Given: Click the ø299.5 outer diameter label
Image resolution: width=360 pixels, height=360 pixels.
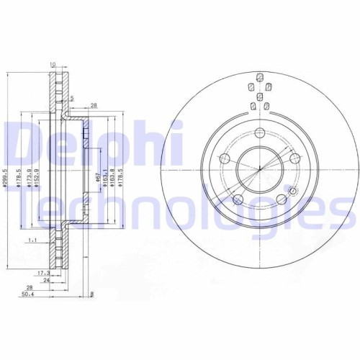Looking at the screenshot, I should click(x=5, y=176).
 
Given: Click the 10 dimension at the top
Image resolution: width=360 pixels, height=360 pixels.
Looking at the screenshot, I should click(x=53, y=64).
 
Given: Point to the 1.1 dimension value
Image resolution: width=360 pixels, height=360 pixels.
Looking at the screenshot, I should click(x=32, y=240).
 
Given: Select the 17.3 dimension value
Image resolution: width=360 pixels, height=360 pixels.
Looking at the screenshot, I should click(x=45, y=273).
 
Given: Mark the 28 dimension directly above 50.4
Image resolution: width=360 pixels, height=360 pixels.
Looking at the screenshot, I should click(x=29, y=287).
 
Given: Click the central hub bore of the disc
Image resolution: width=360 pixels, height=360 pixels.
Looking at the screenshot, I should click(x=256, y=171).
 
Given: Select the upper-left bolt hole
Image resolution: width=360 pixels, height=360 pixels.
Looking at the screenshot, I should click(x=224, y=159).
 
